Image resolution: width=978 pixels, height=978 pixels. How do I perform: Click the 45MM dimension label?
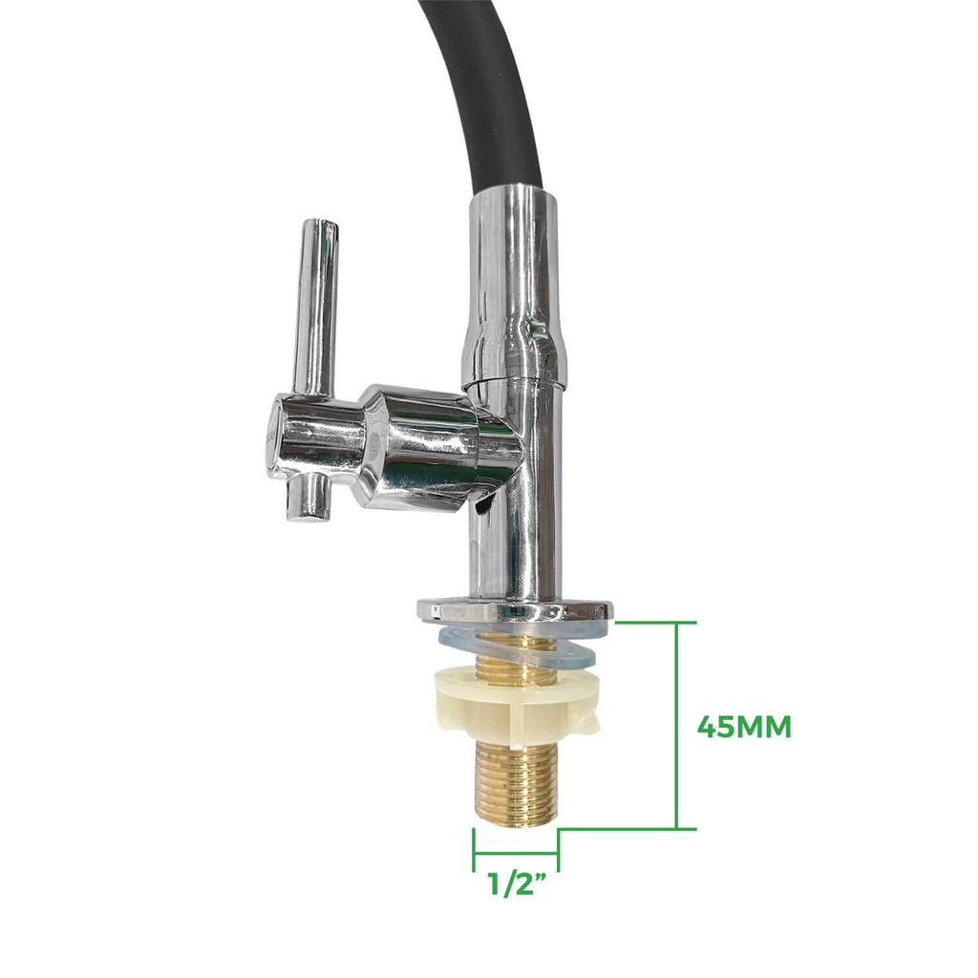tap(744, 727)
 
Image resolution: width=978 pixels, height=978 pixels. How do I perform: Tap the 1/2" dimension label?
tap(517, 883)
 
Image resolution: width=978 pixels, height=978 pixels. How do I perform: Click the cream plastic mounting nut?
tap(515, 707)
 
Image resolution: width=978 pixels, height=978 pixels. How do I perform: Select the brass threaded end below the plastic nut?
tap(515, 783)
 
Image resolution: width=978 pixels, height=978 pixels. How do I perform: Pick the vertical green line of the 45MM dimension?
tap(677, 726)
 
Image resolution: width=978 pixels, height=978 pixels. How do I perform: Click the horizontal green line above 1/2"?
tap(515, 852)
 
